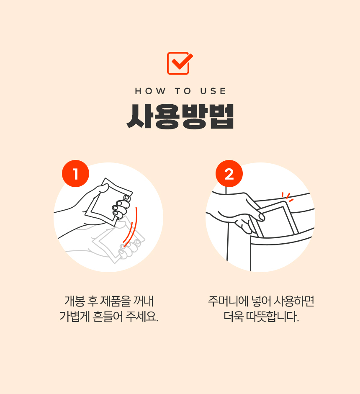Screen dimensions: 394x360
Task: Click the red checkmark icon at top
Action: [180, 63]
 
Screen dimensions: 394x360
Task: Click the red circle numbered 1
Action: [76, 173]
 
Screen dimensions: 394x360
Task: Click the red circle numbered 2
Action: [229, 174]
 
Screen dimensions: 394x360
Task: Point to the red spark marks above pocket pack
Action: [287, 197]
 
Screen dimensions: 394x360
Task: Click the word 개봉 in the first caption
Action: [74, 301]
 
